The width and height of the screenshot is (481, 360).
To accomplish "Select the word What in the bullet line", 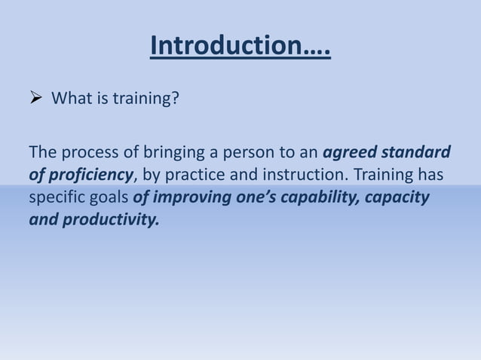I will coord(69,98).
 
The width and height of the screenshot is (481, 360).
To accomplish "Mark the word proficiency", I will coord(90,176).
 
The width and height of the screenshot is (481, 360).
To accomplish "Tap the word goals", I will coord(111,199).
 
